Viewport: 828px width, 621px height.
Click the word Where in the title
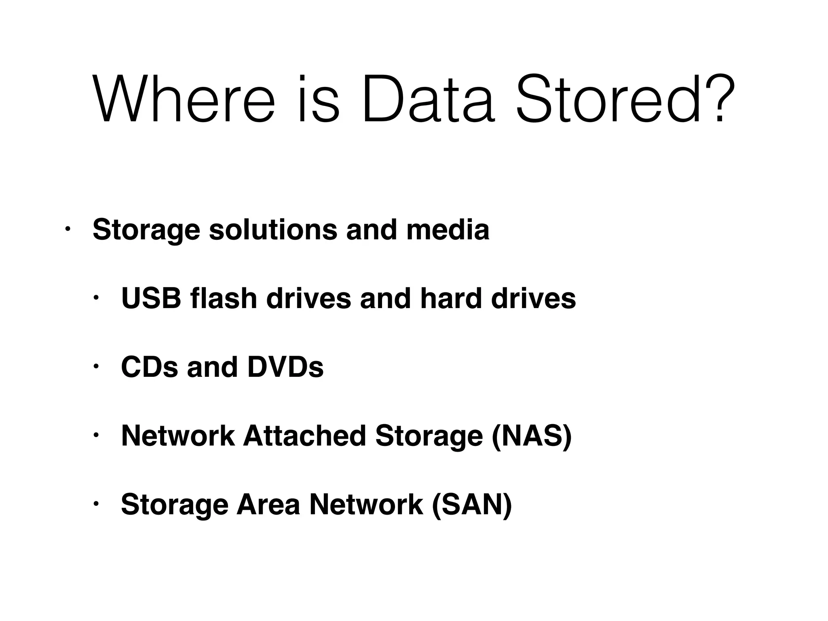click(184, 99)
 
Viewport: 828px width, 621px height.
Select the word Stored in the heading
click(608, 99)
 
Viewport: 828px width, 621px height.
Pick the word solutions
click(273, 230)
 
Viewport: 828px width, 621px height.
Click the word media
click(448, 230)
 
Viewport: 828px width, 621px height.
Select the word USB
click(151, 298)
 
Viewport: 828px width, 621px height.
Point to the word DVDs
click(285, 367)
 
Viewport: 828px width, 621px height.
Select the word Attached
click(304, 436)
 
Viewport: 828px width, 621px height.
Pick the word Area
click(268, 505)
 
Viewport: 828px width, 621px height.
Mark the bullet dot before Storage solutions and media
click(68, 230)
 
